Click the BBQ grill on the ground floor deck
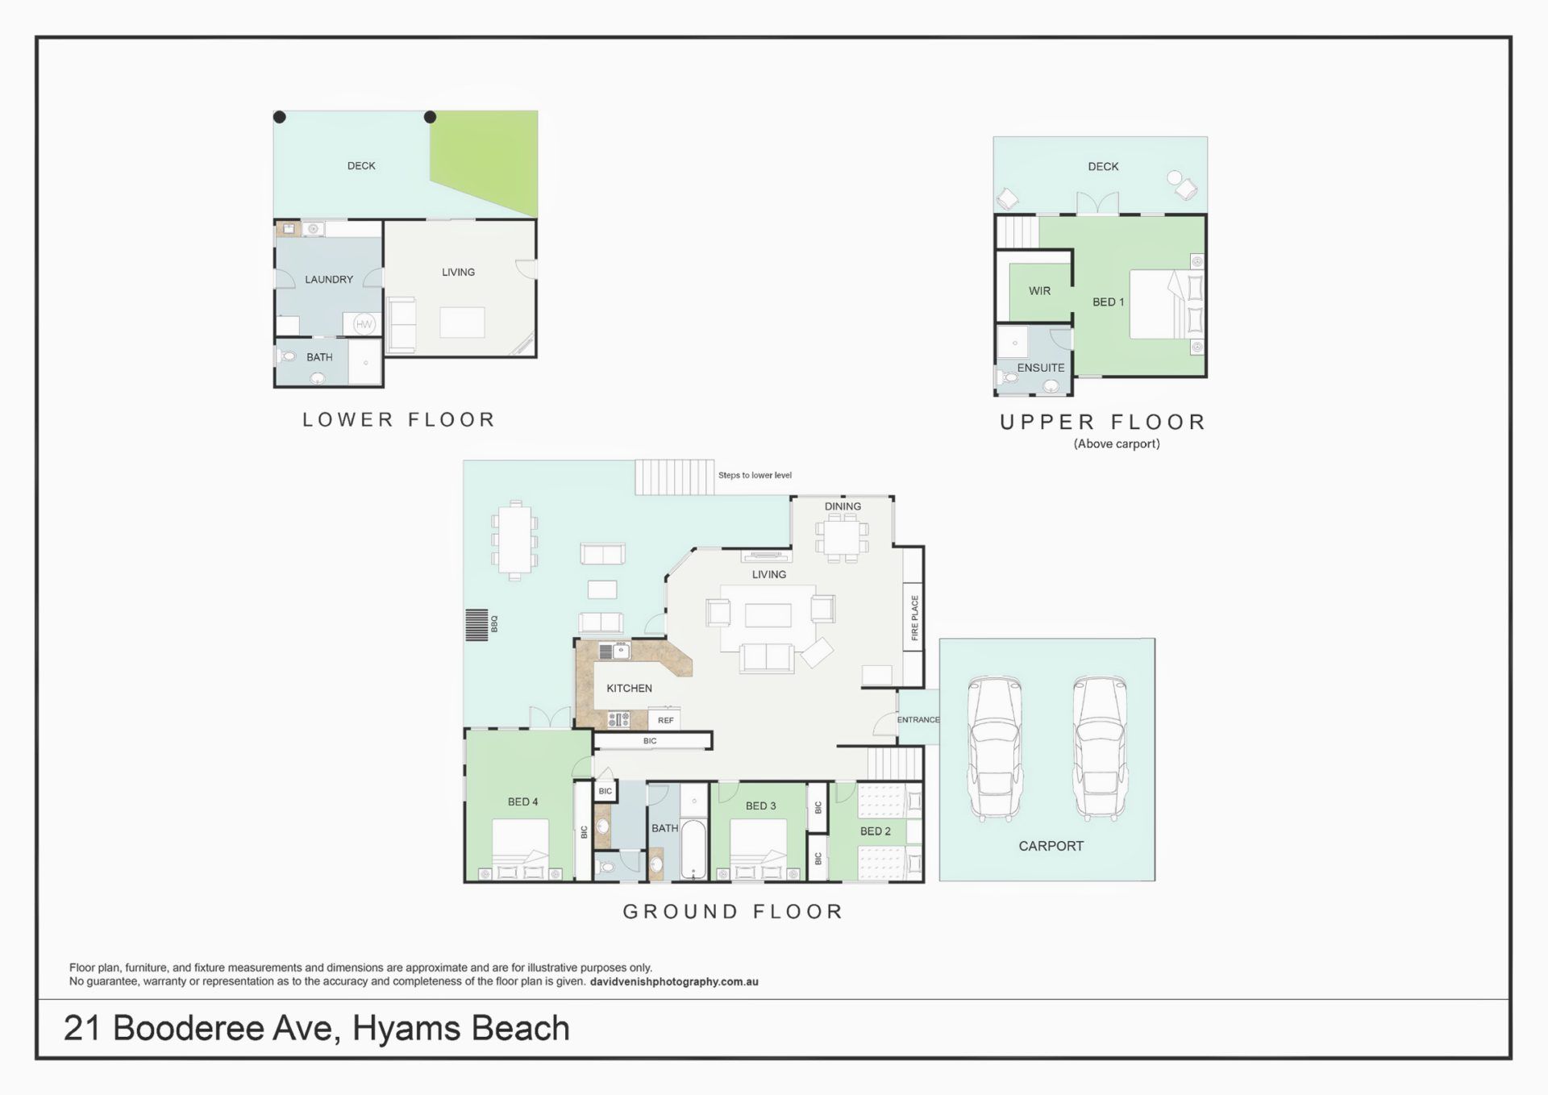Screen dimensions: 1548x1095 476,624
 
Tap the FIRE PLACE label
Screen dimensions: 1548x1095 914,618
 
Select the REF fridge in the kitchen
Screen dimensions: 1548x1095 665,720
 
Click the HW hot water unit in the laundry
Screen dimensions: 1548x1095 364,324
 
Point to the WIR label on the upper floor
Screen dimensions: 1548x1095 1039,291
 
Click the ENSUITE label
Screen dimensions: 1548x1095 1041,368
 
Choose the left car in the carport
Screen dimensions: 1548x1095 994,748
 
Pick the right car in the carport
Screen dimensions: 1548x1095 1100,748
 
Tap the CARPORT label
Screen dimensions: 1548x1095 1051,846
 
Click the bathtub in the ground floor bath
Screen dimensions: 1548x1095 693,850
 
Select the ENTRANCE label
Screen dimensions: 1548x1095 918,719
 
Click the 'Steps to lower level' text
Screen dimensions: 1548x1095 755,475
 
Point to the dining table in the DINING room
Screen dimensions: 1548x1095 842,537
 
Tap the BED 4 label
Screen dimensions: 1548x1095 522,801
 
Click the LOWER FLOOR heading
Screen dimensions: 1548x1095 399,419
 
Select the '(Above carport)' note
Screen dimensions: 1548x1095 1117,443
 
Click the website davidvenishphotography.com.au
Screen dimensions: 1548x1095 674,982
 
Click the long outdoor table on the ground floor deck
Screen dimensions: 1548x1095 514,539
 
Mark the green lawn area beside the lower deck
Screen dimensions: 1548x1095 492,161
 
